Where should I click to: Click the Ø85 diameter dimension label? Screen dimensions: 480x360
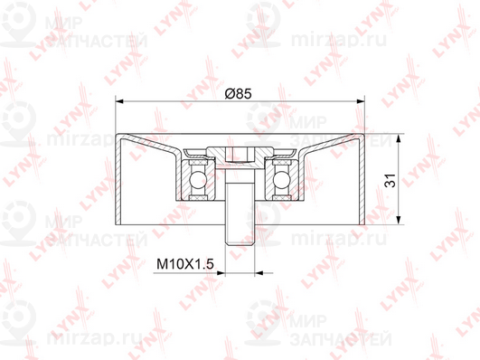(x=238, y=93)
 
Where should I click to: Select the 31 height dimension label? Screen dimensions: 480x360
(x=391, y=180)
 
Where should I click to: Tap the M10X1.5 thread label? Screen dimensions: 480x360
(x=185, y=263)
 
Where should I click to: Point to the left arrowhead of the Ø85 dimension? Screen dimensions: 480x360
(x=119, y=101)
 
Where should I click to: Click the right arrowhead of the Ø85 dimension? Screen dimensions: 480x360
(x=361, y=101)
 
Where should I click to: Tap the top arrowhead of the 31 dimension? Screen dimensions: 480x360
(x=399, y=138)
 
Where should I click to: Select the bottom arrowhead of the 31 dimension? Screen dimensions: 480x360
(x=399, y=221)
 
